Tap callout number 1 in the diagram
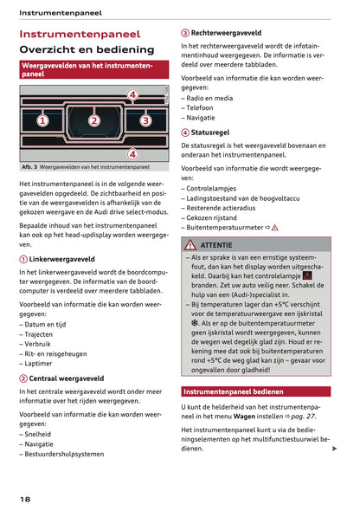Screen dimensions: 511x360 (x=42, y=121)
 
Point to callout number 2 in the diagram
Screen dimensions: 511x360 (x=94, y=121)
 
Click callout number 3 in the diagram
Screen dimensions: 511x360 (x=145, y=121)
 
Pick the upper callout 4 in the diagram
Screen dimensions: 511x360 (x=132, y=94)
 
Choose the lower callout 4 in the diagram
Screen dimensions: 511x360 (x=132, y=154)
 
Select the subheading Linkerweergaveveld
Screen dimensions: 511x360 (x=61, y=259)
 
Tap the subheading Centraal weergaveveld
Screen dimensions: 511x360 (x=66, y=378)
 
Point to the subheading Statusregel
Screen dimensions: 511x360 (x=210, y=133)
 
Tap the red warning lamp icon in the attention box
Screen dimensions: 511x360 (x=307, y=275)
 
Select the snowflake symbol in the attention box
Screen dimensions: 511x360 (x=196, y=322)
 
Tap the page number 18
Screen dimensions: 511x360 (x=25, y=500)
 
